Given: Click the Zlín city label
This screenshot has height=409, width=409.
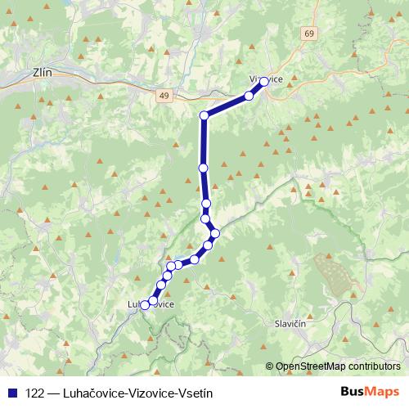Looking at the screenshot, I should (x=41, y=72).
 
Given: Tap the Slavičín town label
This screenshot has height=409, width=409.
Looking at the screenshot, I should (x=290, y=324).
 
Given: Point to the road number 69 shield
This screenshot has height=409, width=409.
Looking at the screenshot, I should (x=308, y=34).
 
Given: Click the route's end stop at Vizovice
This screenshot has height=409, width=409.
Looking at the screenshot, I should (x=264, y=81).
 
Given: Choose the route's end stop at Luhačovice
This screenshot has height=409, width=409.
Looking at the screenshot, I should (x=145, y=305).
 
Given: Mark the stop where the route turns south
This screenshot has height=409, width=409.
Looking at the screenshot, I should (x=204, y=115).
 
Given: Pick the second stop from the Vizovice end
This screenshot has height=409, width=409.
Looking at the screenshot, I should (x=249, y=96).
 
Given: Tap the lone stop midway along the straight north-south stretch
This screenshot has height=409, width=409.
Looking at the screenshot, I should (x=203, y=168).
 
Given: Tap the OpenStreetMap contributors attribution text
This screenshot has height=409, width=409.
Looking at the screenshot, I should (x=339, y=366).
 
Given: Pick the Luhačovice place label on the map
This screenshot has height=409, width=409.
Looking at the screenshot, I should (x=151, y=304).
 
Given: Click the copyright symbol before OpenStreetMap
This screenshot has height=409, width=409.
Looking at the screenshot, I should (x=270, y=366).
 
